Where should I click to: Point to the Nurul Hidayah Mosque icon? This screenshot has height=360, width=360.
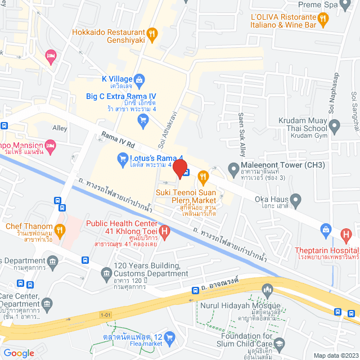268,290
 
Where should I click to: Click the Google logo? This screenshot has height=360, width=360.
19,353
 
